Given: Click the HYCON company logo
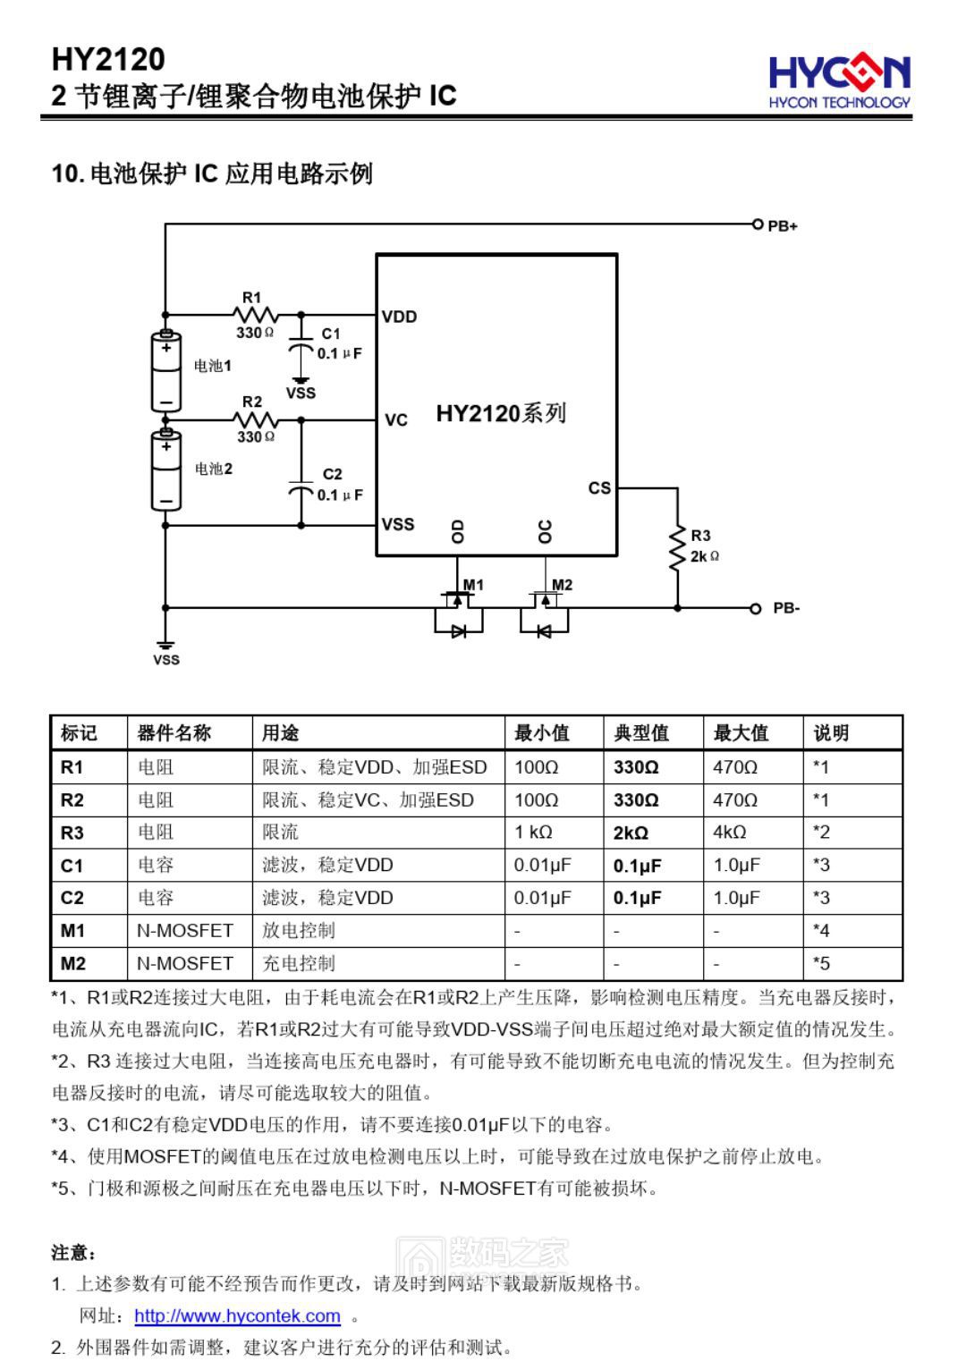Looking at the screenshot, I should coord(839,80).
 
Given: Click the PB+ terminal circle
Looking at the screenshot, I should coord(757,224).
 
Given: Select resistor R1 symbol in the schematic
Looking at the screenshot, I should coord(255,315).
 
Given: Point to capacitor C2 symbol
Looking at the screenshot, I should coord(301,488).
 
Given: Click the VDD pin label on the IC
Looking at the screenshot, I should coord(399,317).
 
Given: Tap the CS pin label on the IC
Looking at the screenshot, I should coord(599,488).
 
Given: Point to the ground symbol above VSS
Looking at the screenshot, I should coord(165,644).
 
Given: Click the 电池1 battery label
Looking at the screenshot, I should coord(213,366).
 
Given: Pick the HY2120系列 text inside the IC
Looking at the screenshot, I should coord(501,413).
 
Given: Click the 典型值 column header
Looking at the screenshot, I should coord(640,733).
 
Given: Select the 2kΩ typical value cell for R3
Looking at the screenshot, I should coord(631,833).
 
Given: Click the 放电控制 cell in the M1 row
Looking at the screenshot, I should coord(299,931).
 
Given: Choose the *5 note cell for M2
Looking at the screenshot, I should coord(821,964).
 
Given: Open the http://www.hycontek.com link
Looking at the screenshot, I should coord(237,1316).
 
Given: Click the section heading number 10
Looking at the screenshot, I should coord(67,173).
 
